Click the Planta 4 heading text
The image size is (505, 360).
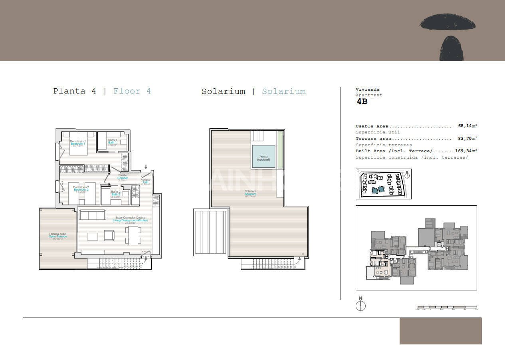[75, 91]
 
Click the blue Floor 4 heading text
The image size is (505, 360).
[132, 91]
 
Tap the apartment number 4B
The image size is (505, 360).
[362, 101]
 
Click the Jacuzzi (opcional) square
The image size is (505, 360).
[263, 157]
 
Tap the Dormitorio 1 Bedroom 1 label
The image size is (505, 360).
[78, 143]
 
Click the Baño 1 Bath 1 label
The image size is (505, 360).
[112, 142]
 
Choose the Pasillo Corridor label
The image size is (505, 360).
[123, 178]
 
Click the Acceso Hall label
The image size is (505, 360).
[146, 182]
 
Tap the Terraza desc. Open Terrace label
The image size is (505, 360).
[57, 236]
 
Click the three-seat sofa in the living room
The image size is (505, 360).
[93, 215]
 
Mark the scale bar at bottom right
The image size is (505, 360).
[447, 307]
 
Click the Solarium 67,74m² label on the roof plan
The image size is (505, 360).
[250, 194]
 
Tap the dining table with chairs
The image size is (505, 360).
[133, 235]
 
